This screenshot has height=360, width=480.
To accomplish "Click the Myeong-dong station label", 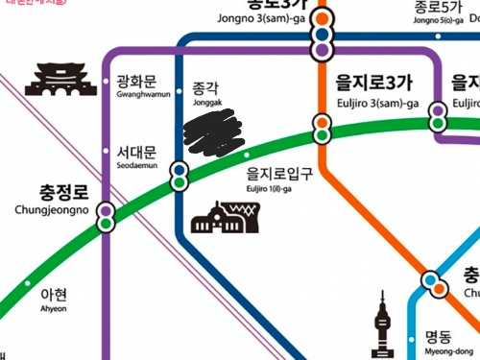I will pyautogui.click(x=444, y=344).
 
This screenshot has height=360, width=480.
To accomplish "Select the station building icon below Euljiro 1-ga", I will pyautogui.click(x=220, y=218).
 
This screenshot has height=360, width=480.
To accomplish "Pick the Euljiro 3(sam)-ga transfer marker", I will pyautogui.click(x=322, y=126).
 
